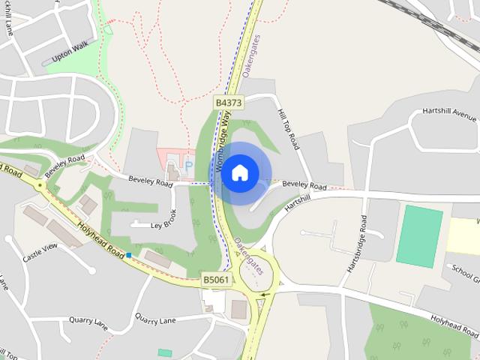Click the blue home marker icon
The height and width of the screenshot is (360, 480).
[x=239, y=173]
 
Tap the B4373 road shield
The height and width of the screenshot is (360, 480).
[x=228, y=101]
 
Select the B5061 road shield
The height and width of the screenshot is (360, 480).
[x=216, y=280]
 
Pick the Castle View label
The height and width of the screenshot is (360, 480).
[x=40, y=253]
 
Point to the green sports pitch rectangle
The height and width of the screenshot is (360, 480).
[x=419, y=236]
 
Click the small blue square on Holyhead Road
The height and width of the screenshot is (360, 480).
[x=129, y=256]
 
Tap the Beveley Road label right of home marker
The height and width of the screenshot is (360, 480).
[x=305, y=184]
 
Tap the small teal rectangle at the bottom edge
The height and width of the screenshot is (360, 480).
[x=165, y=352]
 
